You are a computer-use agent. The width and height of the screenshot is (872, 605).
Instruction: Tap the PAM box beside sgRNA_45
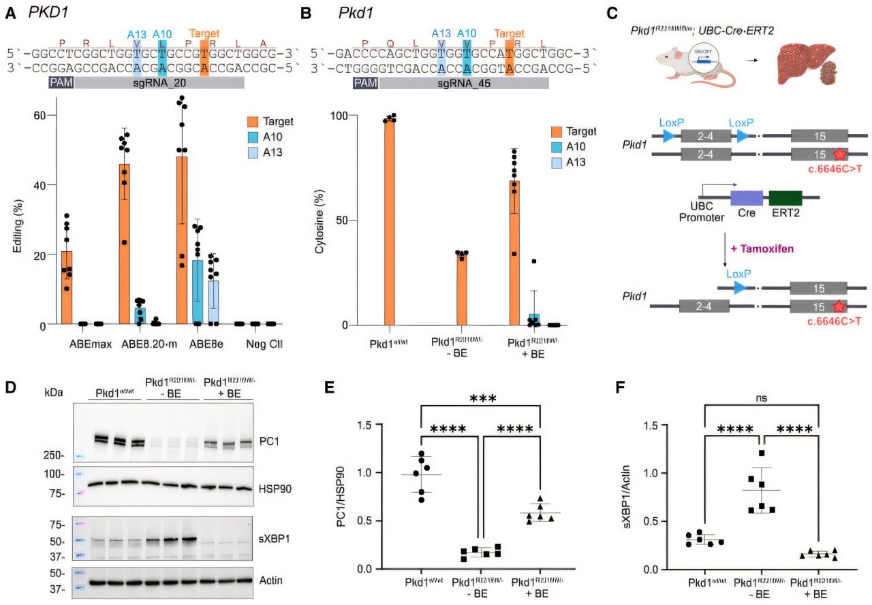point(365,83)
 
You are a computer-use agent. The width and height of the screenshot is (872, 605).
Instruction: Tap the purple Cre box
point(747,199)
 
